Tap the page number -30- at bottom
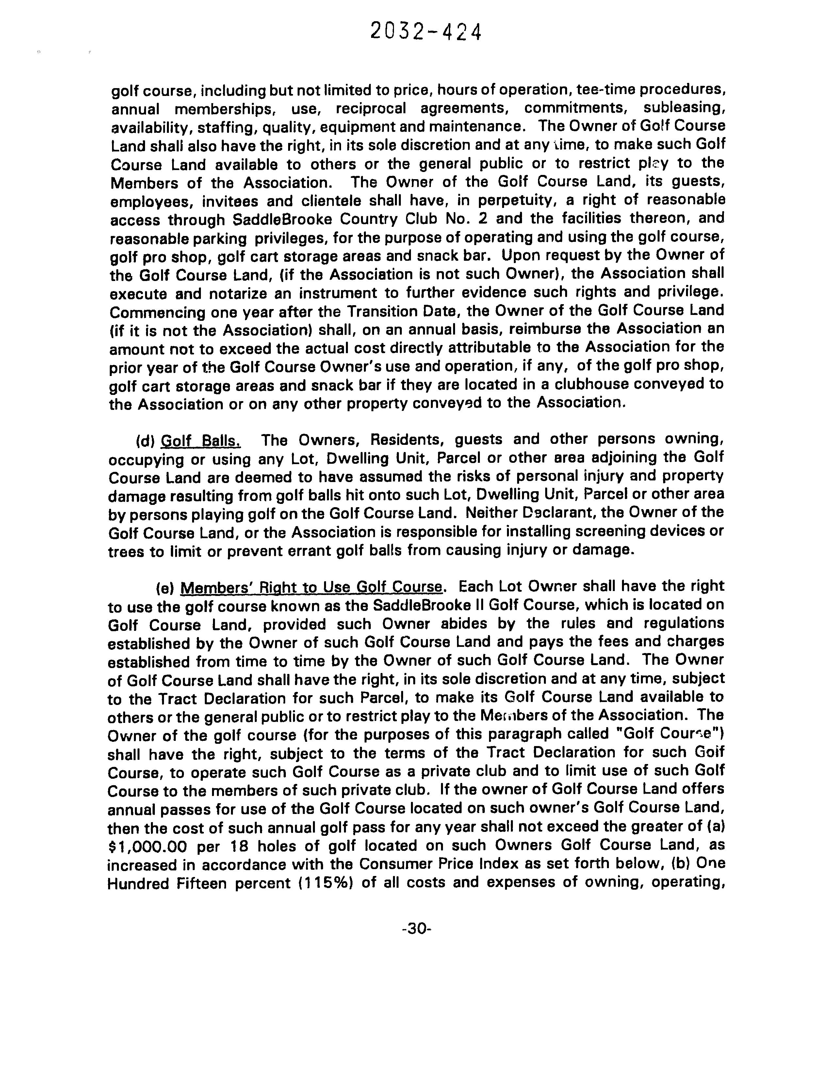point(417,929)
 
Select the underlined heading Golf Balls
point(201,440)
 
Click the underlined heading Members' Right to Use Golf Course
point(311,587)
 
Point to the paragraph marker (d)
point(146,440)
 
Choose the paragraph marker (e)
point(165,587)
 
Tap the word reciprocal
point(371,108)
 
